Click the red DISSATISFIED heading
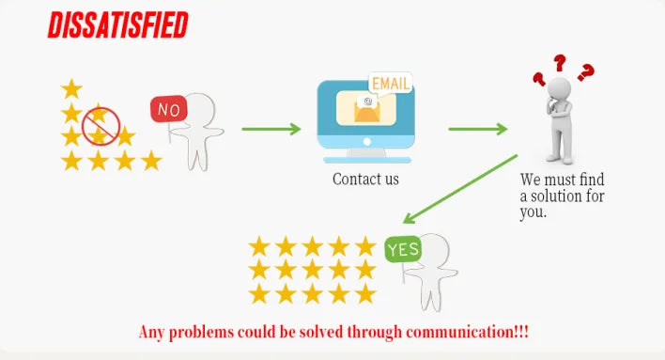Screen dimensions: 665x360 [118, 25]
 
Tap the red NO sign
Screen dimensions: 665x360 [169, 109]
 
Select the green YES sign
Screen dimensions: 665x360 [403, 249]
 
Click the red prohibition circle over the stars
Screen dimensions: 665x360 [101, 126]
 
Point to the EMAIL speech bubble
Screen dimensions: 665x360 [391, 84]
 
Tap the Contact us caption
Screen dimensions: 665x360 [365, 180]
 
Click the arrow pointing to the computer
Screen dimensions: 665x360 [271, 129]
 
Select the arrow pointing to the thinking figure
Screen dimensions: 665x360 [478, 129]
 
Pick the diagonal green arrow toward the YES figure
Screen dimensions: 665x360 [459, 189]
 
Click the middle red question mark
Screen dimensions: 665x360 [560, 62]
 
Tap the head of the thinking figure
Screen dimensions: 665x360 [559, 88]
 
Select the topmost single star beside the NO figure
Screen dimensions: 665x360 [71, 88]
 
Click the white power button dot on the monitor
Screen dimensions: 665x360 [367, 142]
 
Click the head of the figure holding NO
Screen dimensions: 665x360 [200, 109]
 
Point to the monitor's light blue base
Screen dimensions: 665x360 [367, 160]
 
